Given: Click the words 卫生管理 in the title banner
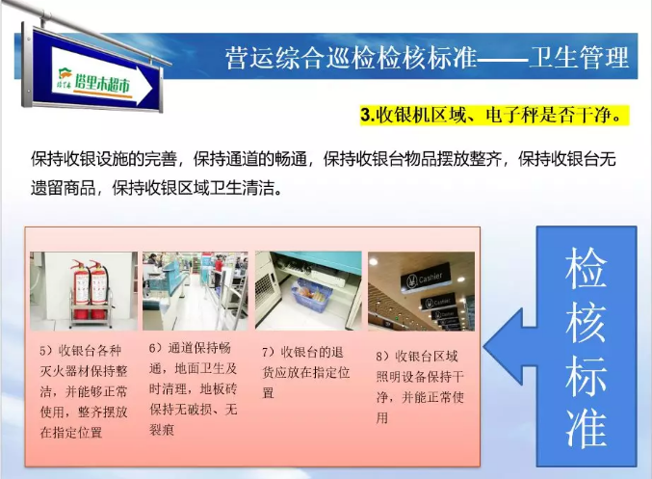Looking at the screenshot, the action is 579,57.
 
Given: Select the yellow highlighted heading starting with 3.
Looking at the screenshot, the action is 494,115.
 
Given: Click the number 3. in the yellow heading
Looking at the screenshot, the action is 367,115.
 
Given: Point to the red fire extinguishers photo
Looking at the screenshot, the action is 84,290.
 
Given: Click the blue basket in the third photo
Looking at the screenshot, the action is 312,295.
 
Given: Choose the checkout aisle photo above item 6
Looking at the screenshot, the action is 195,290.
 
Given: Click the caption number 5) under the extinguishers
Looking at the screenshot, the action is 46,351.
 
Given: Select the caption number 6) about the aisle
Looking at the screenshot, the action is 156,348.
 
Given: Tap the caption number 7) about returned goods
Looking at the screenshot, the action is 269,353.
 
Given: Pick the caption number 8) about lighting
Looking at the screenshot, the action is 382,357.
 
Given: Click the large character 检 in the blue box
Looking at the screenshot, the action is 586,269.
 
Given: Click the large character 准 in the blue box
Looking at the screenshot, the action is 586,427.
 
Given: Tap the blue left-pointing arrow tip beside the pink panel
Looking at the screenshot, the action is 484,346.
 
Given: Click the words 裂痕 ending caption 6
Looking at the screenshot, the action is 162,430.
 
